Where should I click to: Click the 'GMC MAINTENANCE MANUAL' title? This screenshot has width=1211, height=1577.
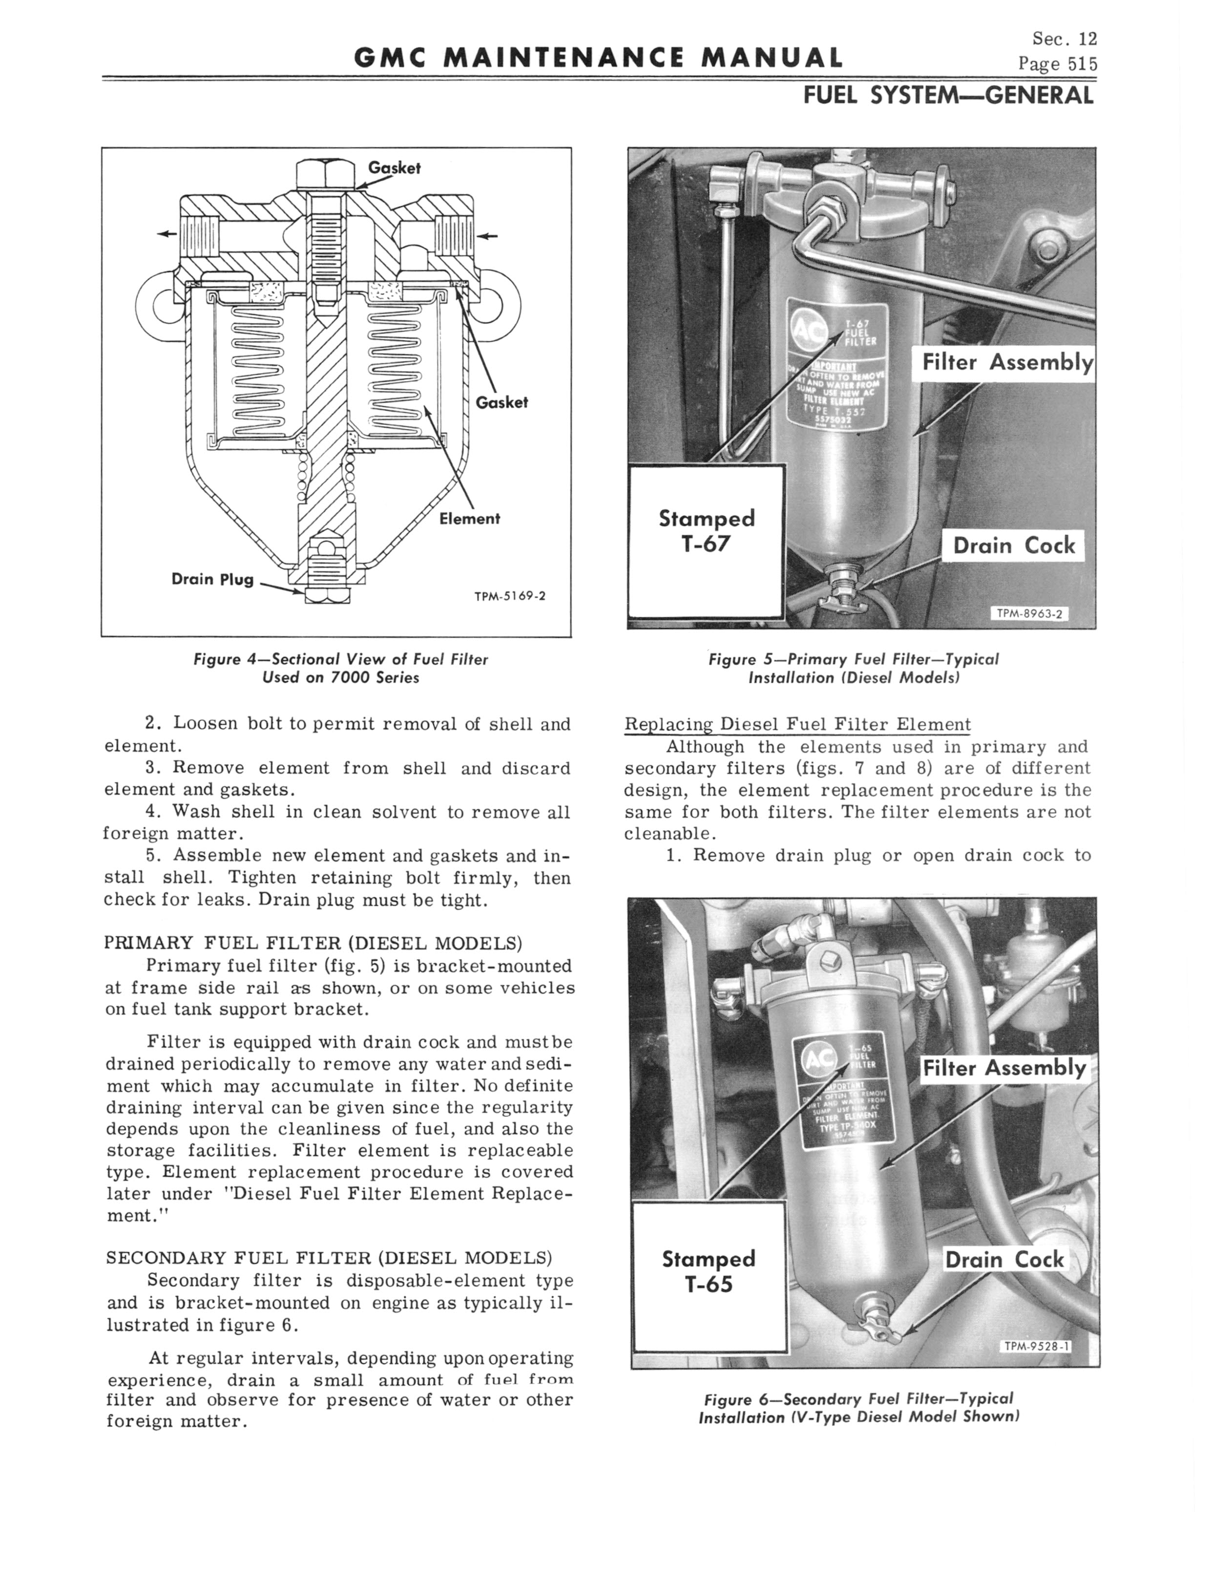(598, 58)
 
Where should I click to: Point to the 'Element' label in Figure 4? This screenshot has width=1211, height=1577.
(469, 518)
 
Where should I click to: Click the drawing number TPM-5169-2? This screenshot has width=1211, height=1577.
(510, 596)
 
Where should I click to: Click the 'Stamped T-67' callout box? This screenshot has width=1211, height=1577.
(707, 541)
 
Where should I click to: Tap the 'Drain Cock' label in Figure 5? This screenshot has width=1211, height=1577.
(1014, 546)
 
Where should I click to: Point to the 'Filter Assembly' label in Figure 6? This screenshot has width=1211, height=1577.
(1004, 1068)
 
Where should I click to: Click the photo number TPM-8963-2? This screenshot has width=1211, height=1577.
(1030, 614)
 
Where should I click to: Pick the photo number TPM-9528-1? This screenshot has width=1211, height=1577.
(1036, 1346)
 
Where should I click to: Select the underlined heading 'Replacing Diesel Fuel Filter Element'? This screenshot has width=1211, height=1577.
(797, 724)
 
